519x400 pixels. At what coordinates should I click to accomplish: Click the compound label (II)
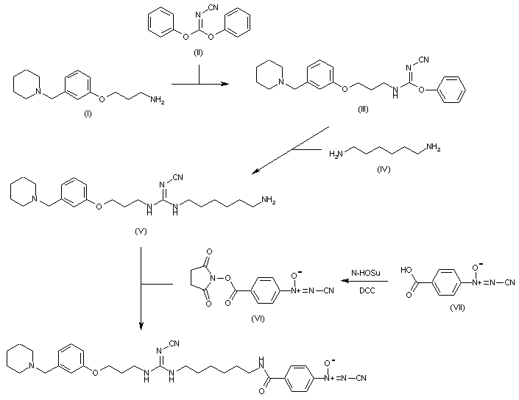coord(200,52)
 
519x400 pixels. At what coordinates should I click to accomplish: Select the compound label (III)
coord(362,109)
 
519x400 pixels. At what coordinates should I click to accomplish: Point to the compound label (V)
coord(141,232)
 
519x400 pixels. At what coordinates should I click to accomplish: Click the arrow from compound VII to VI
coord(368,280)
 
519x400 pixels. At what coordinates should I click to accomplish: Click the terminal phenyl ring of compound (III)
coord(455,90)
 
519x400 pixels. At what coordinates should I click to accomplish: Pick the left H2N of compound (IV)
coord(336,153)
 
